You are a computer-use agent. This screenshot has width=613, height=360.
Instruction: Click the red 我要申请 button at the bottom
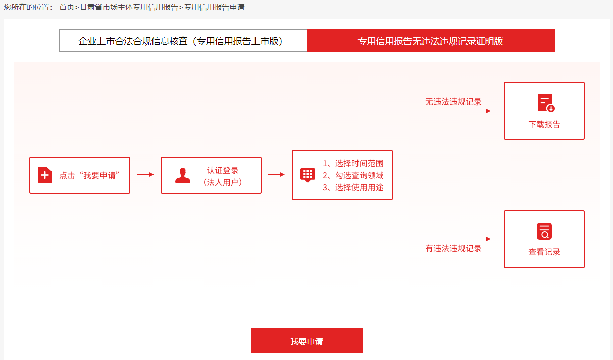(306, 341)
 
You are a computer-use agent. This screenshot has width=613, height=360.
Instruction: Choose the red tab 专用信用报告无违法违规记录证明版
(431, 41)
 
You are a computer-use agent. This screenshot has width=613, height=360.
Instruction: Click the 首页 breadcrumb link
(66, 8)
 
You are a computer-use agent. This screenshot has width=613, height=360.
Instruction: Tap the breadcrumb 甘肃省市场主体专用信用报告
(129, 8)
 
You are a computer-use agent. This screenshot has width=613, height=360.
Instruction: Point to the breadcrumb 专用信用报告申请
(214, 8)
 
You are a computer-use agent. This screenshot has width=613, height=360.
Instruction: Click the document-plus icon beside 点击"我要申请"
(45, 175)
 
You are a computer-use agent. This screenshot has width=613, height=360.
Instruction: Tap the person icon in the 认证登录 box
(183, 175)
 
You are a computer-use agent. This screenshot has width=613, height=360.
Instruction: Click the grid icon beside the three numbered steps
(308, 175)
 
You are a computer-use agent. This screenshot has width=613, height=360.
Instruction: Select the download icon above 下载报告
(545, 103)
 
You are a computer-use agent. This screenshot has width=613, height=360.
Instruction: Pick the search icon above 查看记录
(544, 231)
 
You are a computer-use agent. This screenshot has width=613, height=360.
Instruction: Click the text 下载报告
(544, 124)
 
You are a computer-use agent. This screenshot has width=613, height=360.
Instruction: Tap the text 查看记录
(544, 252)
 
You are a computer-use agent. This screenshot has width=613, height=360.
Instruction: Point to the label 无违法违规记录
(453, 101)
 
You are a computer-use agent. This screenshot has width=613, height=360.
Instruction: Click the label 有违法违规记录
(453, 248)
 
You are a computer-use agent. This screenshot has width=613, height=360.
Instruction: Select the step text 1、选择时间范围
(353, 163)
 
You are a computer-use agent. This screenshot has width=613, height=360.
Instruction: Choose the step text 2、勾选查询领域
(353, 175)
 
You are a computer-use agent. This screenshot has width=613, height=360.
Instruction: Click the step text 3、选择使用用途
(353, 187)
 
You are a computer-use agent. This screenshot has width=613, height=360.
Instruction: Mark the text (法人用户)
(223, 182)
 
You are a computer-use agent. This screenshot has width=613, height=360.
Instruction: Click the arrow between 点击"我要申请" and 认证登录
(145, 175)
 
